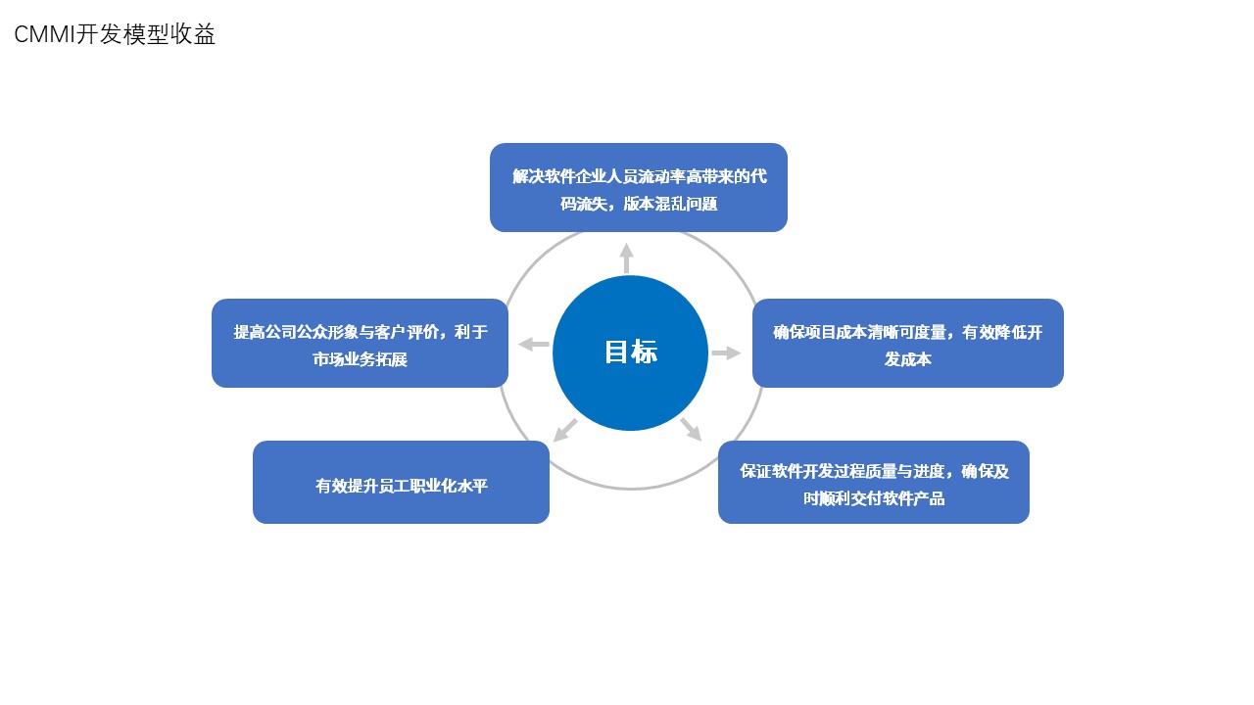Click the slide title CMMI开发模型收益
coord(115,34)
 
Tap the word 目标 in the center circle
coord(631,352)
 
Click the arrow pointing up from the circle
coord(626,258)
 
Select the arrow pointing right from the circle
coord(726,353)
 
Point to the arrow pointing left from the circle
coord(534,344)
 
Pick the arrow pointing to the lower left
coord(565,430)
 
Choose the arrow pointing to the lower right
coord(692,429)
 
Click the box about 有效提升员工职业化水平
coord(401,483)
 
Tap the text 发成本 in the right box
coord(907,359)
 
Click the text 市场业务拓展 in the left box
coord(360,359)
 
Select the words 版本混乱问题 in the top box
coord(671,204)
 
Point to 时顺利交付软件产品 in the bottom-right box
coord(874,498)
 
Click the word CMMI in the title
coord(44,34)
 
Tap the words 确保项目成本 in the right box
coord(820,332)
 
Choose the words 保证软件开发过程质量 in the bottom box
coord(818,471)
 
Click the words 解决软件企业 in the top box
coord(559,176)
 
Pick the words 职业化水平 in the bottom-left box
coord(449,486)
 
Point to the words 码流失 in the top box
coord(584,204)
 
